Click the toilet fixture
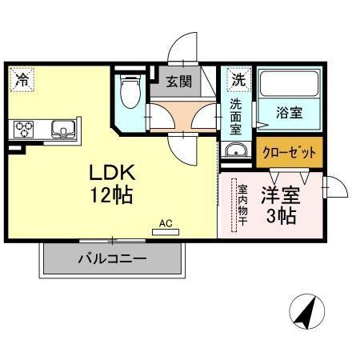[x=128, y=92]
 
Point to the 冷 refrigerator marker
[x=22, y=79]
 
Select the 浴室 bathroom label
[x=290, y=112]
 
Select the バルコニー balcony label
[x=111, y=259]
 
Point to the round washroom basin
[x=234, y=152]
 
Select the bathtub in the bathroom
[x=290, y=84]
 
